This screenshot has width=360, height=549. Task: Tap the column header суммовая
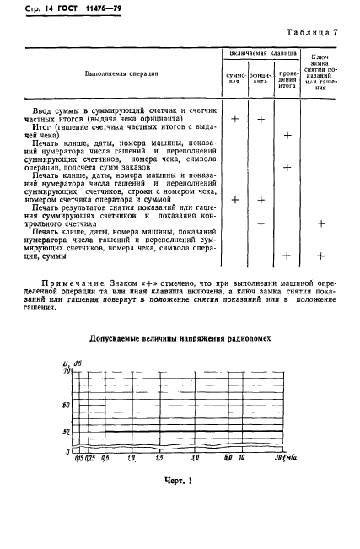(235, 77)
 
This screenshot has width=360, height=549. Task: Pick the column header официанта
(261, 77)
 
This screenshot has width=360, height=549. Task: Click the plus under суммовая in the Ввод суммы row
(235, 119)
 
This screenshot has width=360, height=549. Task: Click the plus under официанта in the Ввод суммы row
(261, 119)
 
